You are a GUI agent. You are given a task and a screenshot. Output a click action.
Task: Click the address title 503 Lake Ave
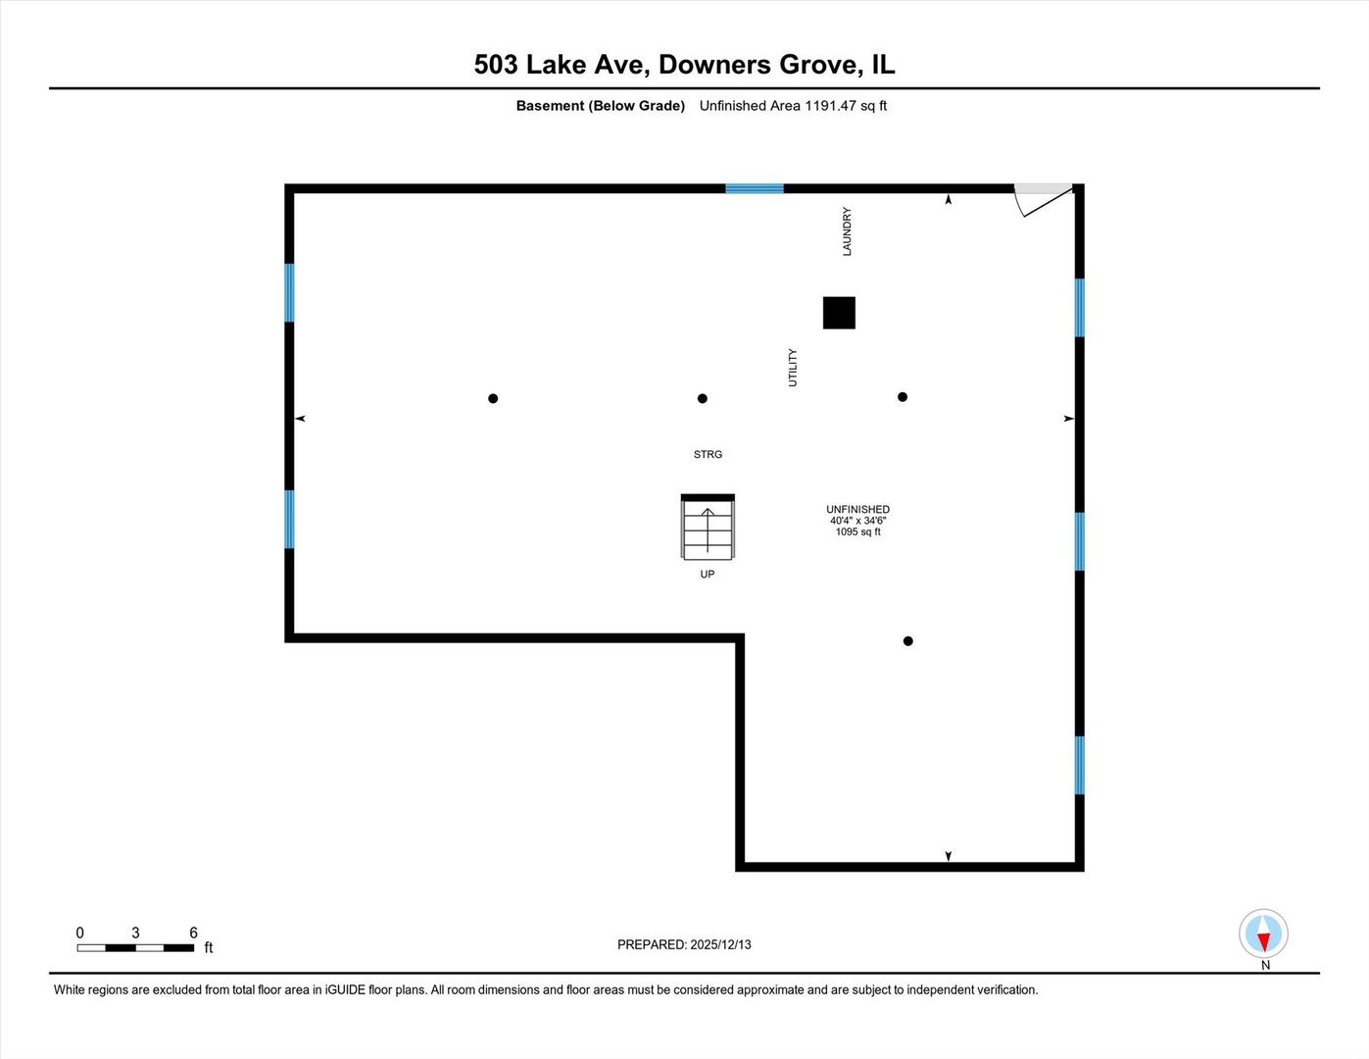560,65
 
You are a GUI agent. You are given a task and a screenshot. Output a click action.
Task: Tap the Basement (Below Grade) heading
600,106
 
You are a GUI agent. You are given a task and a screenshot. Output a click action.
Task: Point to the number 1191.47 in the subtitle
830,106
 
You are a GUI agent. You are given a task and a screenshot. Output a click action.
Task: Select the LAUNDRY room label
847,231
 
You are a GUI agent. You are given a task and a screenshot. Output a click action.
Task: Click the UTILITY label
793,368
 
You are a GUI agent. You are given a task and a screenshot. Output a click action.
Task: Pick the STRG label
708,455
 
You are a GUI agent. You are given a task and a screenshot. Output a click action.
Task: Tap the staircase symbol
708,529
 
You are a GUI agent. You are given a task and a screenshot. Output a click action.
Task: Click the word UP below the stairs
708,575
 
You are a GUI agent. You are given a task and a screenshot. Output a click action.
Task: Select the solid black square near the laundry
839,313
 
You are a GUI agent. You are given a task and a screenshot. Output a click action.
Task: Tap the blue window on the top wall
754,188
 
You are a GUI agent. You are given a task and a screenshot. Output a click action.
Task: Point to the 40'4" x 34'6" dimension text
857,521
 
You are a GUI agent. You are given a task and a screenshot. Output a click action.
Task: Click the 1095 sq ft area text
857,532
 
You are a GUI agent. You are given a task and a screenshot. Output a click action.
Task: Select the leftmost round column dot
493,398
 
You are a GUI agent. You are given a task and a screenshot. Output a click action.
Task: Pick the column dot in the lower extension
908,641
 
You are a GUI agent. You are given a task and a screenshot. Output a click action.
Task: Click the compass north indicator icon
1263,933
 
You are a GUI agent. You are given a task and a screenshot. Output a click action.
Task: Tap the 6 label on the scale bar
193,933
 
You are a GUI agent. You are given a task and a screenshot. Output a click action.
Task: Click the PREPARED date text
684,945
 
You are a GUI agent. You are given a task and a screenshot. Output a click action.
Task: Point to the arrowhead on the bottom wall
948,857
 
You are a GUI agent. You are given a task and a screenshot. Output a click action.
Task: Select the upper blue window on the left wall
289,292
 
